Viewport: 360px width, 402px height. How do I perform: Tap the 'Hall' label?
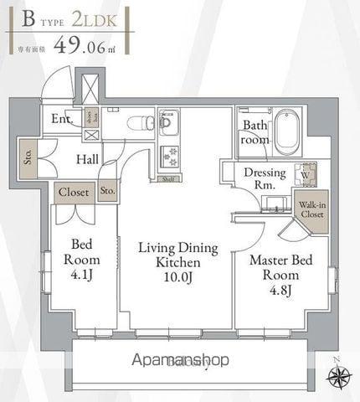(86, 158)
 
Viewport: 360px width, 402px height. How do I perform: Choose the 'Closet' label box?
(74, 192)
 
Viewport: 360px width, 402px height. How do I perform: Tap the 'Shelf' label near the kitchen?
(167, 178)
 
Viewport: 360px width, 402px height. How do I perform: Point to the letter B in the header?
(28, 18)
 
